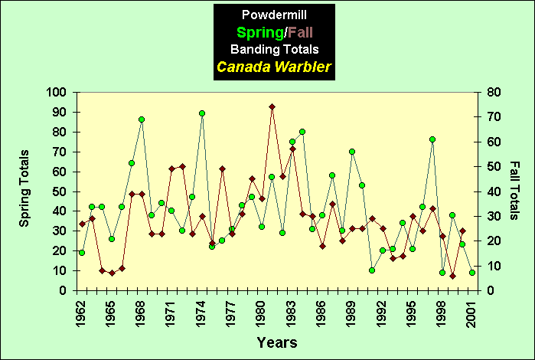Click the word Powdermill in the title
[x=273, y=15]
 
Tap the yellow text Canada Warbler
[x=273, y=67]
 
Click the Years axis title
[x=276, y=342]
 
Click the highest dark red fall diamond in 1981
[x=272, y=106]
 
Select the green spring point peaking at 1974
[x=202, y=113]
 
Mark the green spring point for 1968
[x=142, y=119]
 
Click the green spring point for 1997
[x=432, y=139]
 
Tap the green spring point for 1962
[x=82, y=253]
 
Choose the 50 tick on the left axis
[x=59, y=191]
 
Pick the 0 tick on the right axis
[x=490, y=290]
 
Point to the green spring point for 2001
[x=472, y=273]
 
